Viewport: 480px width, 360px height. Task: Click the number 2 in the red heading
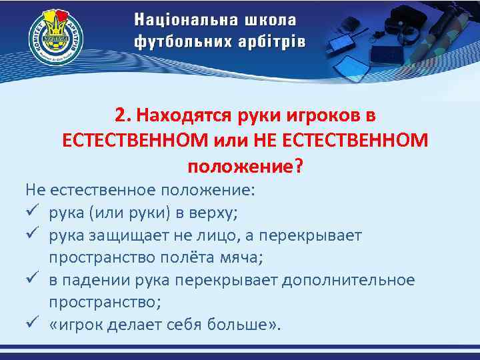pos(119,115)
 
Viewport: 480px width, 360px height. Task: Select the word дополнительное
pos(348,280)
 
